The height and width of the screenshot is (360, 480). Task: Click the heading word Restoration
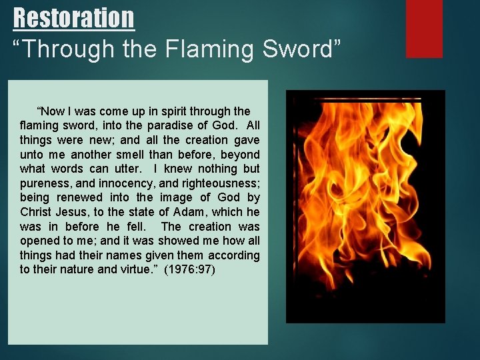point(73,17)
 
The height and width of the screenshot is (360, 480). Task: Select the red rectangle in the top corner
point(425,28)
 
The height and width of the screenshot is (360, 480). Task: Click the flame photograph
point(365,207)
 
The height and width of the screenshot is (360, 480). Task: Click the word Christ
point(35,212)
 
